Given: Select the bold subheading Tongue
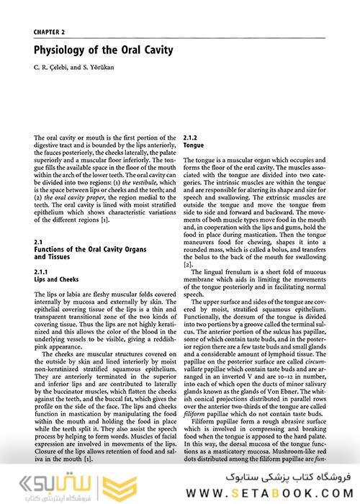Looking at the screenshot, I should point(194,145).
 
